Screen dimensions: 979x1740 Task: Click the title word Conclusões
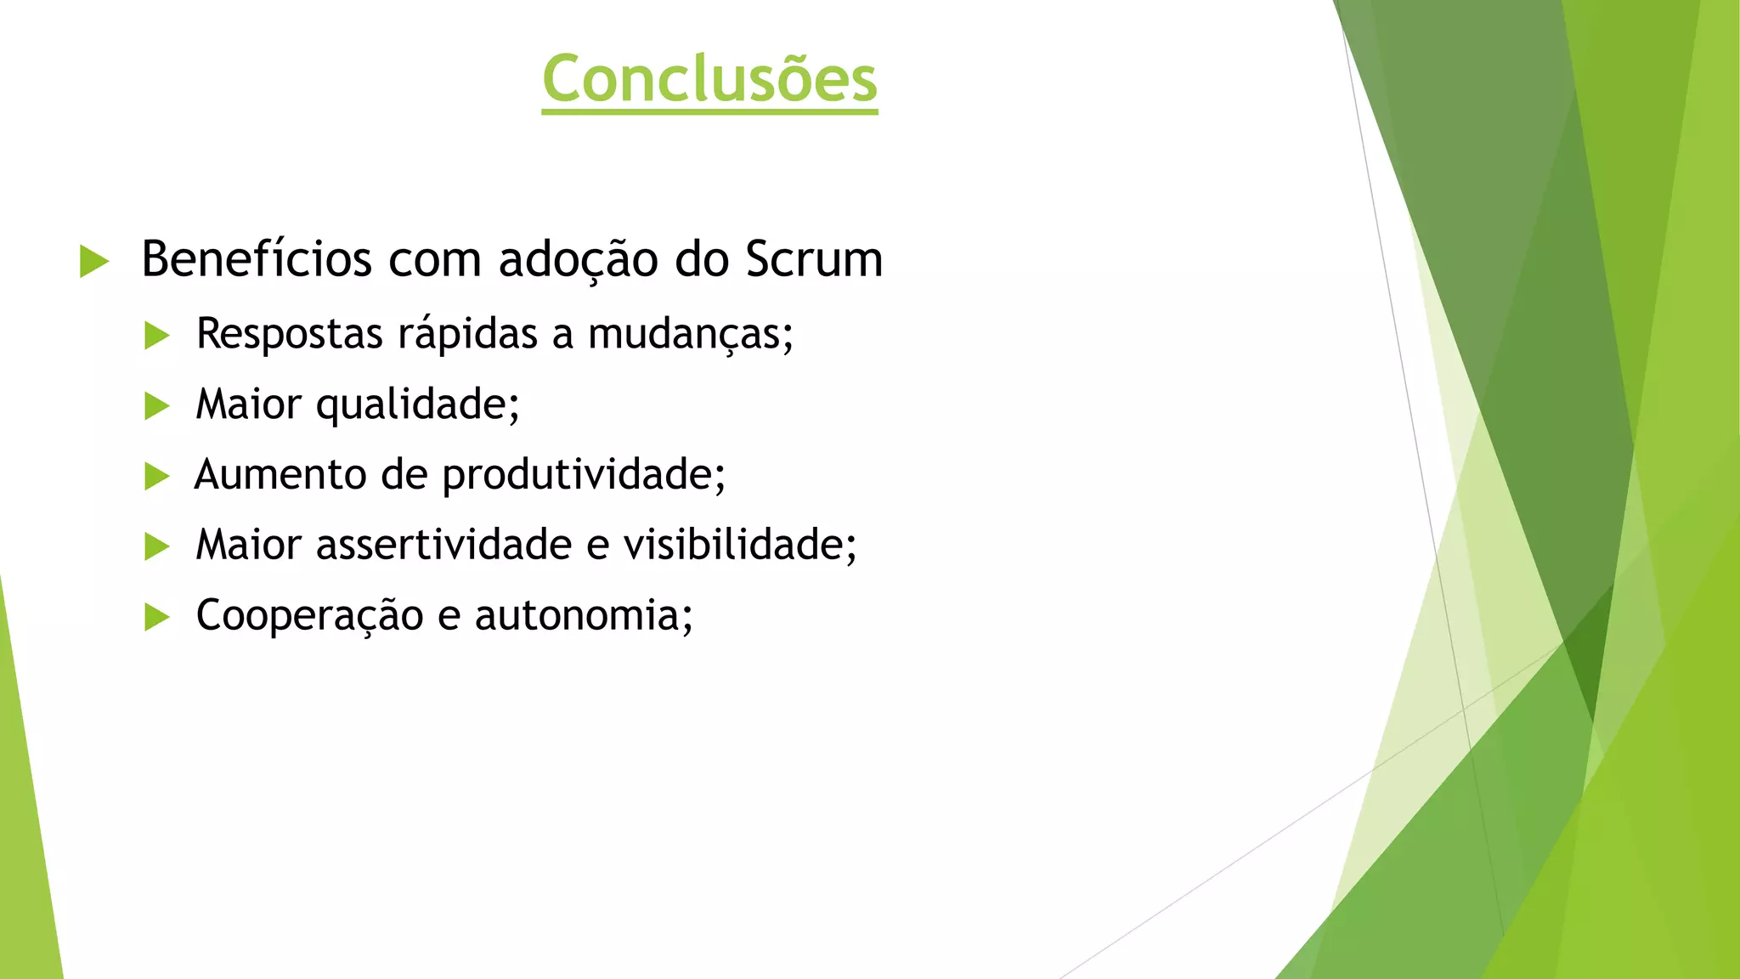coord(709,78)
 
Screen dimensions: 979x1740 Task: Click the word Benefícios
coord(257,259)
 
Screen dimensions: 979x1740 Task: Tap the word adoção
coord(578,259)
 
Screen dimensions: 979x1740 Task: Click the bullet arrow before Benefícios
coord(93,261)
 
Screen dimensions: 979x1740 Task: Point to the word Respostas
coord(289,333)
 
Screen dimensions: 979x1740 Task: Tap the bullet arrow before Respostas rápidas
coord(157,336)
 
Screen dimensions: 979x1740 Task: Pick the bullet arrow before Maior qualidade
coord(157,406)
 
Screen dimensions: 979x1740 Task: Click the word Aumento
coord(280,474)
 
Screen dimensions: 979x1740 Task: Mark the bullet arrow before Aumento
coord(157,477)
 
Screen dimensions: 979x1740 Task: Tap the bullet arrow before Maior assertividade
coord(157,546)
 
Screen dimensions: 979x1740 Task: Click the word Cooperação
coord(309,615)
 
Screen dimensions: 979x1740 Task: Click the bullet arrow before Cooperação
coord(157,617)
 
